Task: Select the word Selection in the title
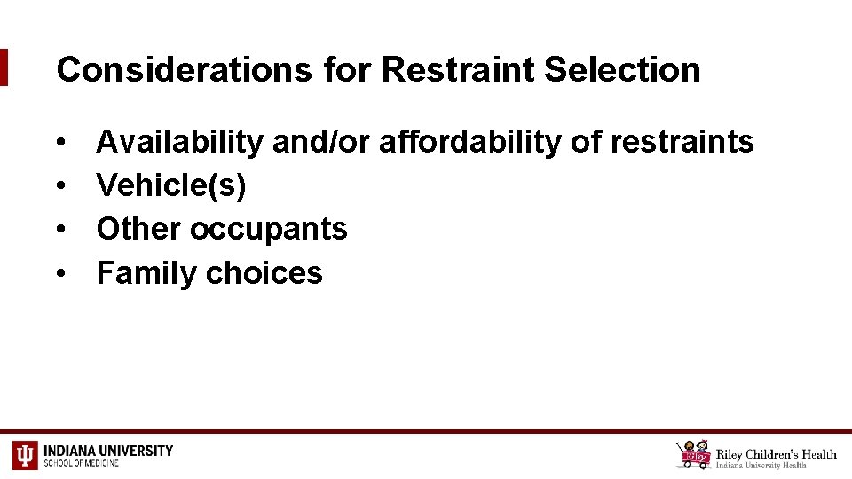pyautogui.click(x=622, y=69)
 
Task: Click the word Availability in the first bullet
pyautogui.click(x=179, y=141)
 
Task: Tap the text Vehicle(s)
pyautogui.click(x=171, y=185)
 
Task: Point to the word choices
pyautogui.click(x=264, y=273)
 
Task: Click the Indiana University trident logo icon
pyautogui.click(x=25, y=455)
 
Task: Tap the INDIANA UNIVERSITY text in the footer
pyautogui.click(x=108, y=450)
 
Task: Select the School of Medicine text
pyautogui.click(x=81, y=463)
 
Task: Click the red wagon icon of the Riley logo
pyautogui.click(x=693, y=455)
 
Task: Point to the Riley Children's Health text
pyautogui.click(x=777, y=453)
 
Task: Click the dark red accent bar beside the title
pyautogui.click(x=4, y=67)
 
